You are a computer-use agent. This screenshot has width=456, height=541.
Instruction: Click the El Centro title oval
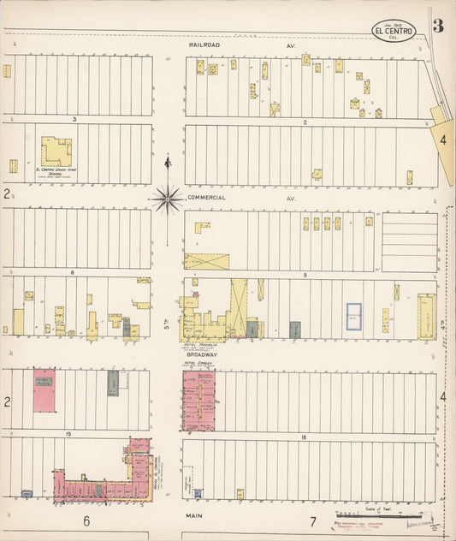click(x=394, y=33)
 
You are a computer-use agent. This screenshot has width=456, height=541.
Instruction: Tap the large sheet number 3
click(x=437, y=26)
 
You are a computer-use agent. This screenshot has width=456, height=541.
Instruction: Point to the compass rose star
click(x=169, y=199)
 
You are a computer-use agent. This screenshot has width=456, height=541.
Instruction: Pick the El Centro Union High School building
click(x=56, y=152)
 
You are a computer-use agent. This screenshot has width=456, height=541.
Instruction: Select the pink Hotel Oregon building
click(x=198, y=400)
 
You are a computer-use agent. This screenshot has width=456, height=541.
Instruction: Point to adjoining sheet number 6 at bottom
click(x=86, y=520)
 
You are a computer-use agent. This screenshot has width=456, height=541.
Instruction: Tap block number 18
click(x=304, y=437)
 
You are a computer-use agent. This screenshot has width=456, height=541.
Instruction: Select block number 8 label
click(x=74, y=272)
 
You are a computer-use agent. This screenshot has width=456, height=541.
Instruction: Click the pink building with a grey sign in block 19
click(x=44, y=390)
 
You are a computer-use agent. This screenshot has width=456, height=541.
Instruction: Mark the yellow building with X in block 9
click(x=206, y=261)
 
